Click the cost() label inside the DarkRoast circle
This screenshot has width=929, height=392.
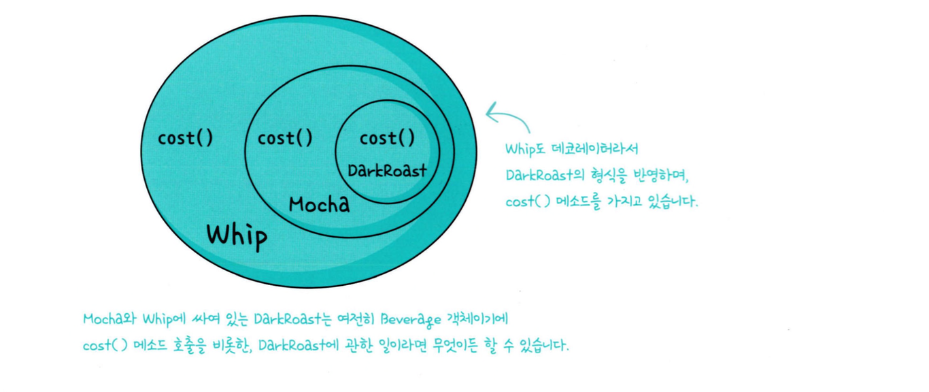coord(387,139)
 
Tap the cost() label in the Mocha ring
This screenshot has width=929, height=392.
coord(285,138)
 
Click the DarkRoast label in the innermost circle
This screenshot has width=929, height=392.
coord(387,170)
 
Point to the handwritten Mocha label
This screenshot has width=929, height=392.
coord(319,203)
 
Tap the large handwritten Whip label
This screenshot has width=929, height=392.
coord(237,235)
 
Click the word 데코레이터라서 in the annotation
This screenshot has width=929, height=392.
coord(596,148)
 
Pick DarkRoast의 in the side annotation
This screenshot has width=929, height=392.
coord(543,175)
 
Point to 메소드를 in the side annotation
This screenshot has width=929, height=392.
coord(577,202)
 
